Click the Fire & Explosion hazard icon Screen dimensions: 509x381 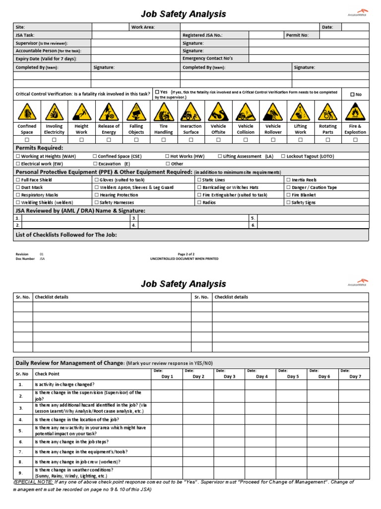point(355,112)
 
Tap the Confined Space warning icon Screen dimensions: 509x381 point(27,112)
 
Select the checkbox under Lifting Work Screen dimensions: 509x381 point(300,140)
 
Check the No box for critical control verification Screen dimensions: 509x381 point(356,94)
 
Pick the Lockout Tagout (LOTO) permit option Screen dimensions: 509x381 point(307,156)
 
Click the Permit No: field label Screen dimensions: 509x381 point(297,35)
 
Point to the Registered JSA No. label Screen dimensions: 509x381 point(202,35)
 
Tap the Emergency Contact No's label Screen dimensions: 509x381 point(207,58)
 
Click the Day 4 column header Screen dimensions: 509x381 point(261,376)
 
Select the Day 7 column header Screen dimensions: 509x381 point(355,376)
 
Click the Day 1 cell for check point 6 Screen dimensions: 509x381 point(167,441)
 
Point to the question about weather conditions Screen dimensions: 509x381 point(73,472)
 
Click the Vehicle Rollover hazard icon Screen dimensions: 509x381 point(273,112)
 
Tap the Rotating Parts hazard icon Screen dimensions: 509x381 point(327,112)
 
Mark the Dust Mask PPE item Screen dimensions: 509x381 point(29,187)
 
